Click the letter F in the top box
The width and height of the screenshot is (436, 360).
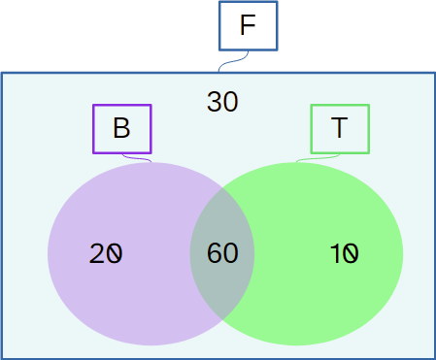click(248, 25)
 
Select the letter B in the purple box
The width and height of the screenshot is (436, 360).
click(121, 128)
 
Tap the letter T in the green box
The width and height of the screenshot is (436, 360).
click(339, 128)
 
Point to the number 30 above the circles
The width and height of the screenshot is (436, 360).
click(222, 102)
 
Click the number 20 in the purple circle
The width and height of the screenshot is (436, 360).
click(106, 253)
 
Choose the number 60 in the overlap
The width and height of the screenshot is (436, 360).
click(222, 253)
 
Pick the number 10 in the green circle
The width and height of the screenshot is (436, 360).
click(344, 253)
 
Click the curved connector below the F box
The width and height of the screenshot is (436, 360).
click(233, 61)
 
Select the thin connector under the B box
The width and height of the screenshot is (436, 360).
click(137, 158)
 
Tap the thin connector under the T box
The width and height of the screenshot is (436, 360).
click(318, 158)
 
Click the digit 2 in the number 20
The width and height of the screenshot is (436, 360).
click(97, 253)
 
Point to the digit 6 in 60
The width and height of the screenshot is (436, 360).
click(215, 253)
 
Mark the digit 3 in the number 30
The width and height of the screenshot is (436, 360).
click(215, 102)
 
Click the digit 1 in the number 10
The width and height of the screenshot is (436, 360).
click(335, 253)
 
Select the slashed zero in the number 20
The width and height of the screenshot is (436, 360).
click(115, 253)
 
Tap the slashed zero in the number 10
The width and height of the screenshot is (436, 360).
click(351, 253)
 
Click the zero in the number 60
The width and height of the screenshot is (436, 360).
click(231, 253)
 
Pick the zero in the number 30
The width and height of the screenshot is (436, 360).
click(230, 102)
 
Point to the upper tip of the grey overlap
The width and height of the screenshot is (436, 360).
click(222, 187)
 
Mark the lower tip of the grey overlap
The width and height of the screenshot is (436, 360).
click(222, 320)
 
